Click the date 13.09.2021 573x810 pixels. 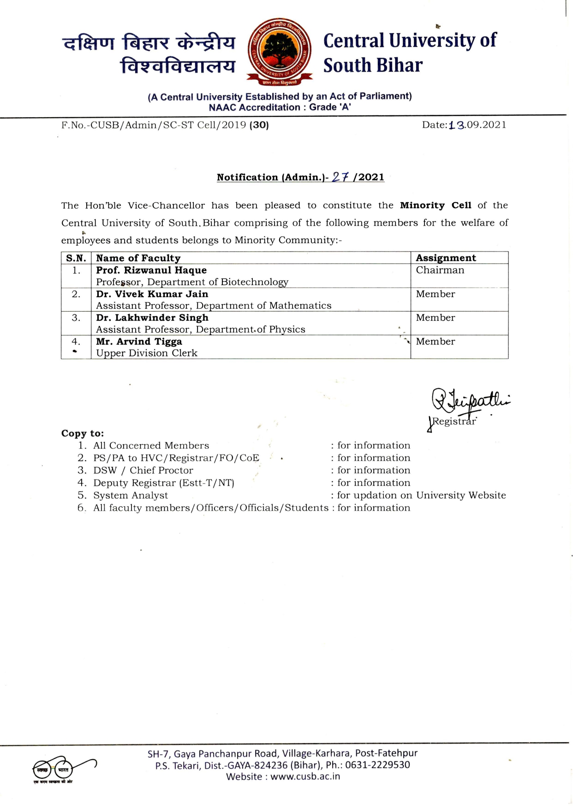pyautogui.click(x=477, y=125)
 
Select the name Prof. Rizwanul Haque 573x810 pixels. pyautogui.click(x=151, y=270)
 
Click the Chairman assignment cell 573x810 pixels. pyautogui.click(x=440, y=270)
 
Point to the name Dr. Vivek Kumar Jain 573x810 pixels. pyautogui.click(x=152, y=294)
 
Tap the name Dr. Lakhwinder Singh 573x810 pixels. pyautogui.click(x=152, y=318)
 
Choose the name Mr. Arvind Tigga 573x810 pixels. pyautogui.click(x=139, y=342)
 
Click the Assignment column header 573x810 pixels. pyautogui.click(x=446, y=258)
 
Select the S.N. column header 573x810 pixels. pyautogui.click(x=76, y=258)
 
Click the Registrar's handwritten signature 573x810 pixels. pyautogui.click(x=468, y=402)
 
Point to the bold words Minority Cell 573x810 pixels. pyautogui.click(x=435, y=205)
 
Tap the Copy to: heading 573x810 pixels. pyautogui.click(x=83, y=433)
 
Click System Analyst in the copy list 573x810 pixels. pyautogui.click(x=131, y=495)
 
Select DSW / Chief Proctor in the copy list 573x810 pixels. pyautogui.click(x=143, y=470)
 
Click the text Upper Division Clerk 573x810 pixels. pyautogui.click(x=147, y=353)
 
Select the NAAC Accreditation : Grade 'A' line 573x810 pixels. pyautogui.click(x=280, y=108)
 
